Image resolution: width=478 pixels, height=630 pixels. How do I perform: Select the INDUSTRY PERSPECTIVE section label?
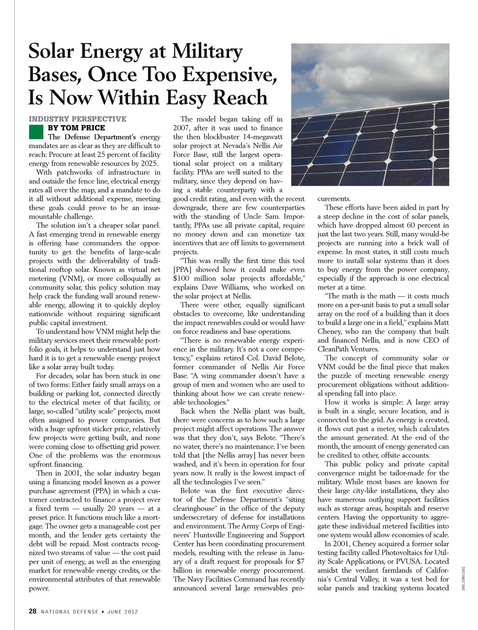pyautogui.click(x=77, y=119)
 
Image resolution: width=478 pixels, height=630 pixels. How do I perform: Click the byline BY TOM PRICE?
pyautogui.click(x=76, y=128)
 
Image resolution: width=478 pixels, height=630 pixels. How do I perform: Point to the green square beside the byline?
pyautogui.click(x=36, y=131)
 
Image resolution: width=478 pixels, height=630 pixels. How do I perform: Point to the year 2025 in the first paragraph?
pyautogui.click(x=150, y=164)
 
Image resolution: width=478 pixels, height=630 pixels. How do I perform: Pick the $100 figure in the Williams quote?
pyautogui.click(x=182, y=279)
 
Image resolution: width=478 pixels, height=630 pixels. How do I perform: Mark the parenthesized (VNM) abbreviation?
pyautogui.click(x=70, y=279)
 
